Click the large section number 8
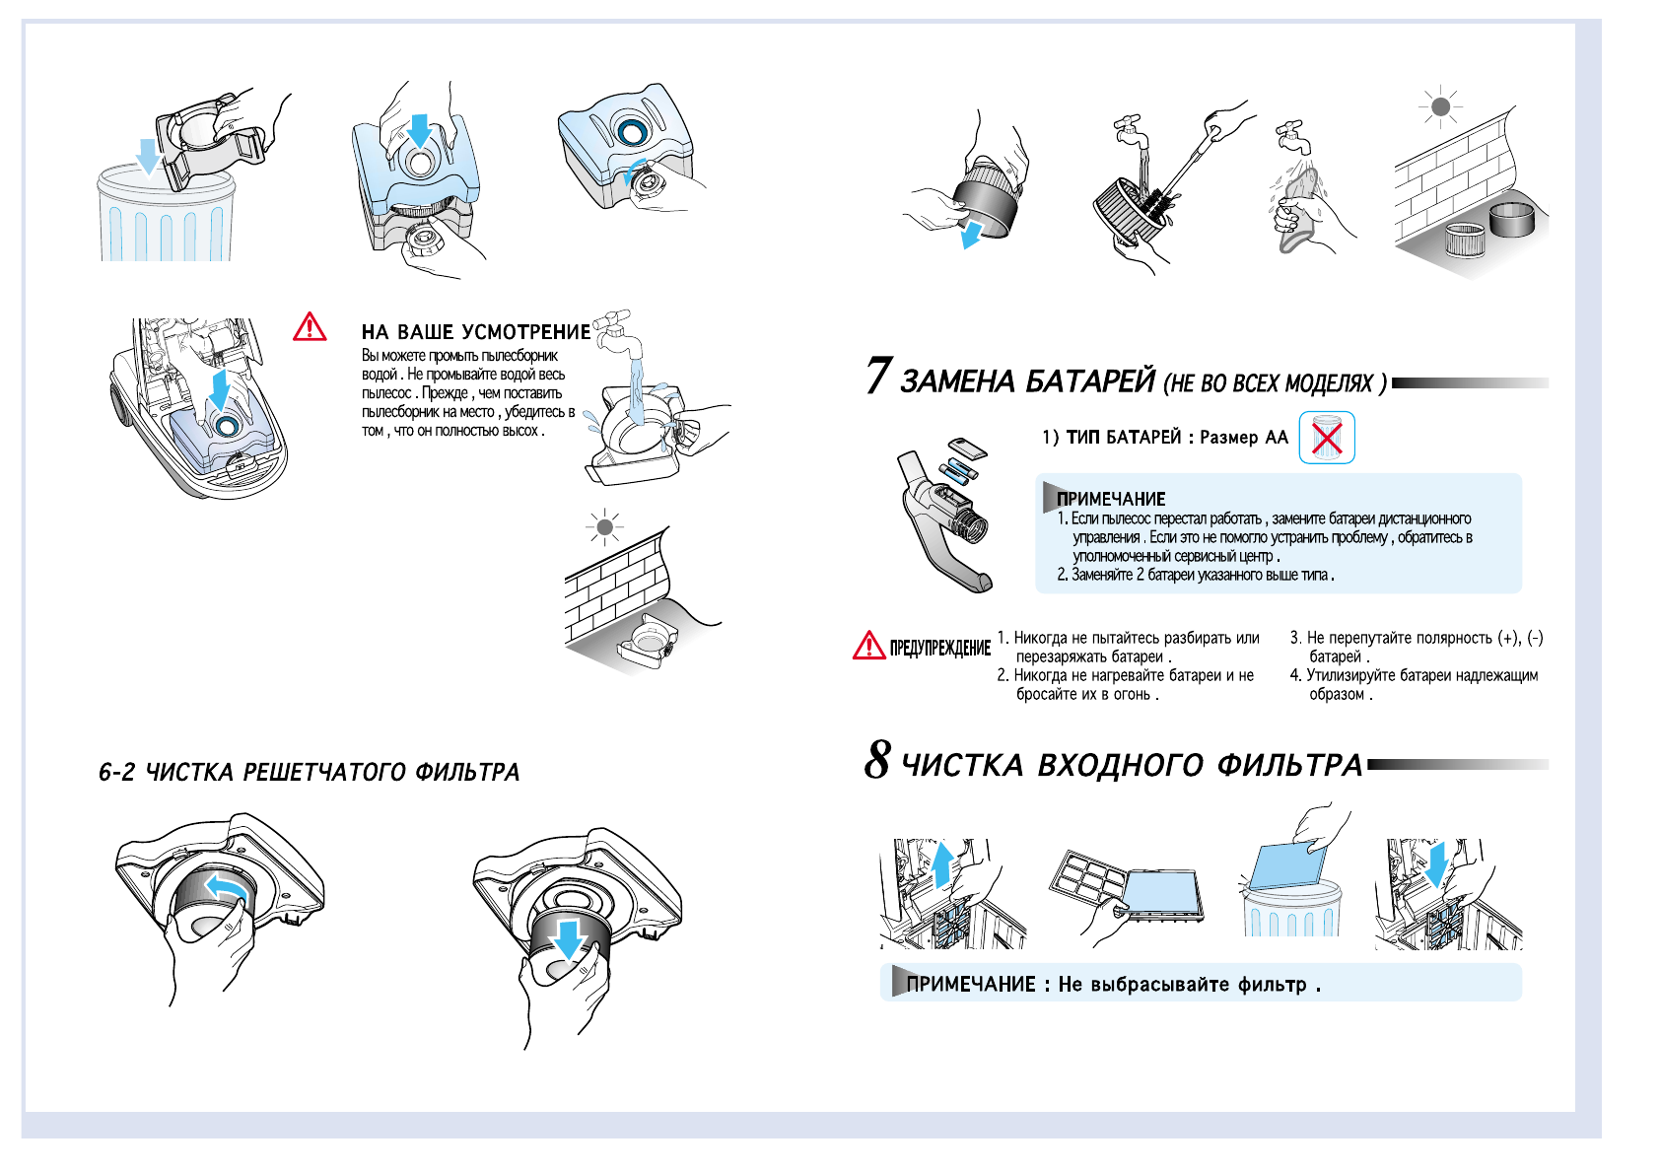pyautogui.click(x=877, y=759)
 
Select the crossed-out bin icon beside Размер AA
pyautogui.click(x=1327, y=438)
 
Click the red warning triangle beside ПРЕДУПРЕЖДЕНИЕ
pyautogui.click(x=868, y=646)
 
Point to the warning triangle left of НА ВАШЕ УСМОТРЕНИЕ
pyautogui.click(x=310, y=327)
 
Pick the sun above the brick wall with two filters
pyautogui.click(x=1440, y=106)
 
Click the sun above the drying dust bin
pyautogui.click(x=604, y=527)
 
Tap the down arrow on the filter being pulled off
pyautogui.click(x=569, y=937)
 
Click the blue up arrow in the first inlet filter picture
pyautogui.click(x=942, y=862)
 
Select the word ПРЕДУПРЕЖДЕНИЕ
pyautogui.click(x=939, y=648)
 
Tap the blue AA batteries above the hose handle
pyautogui.click(x=957, y=471)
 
